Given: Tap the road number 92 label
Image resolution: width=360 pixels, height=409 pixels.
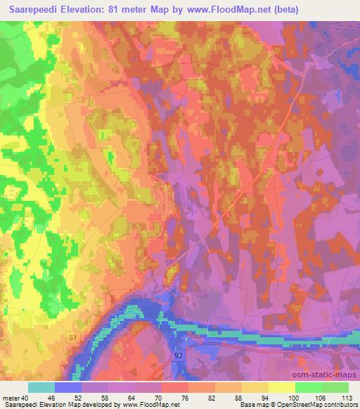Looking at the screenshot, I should [x=179, y=356].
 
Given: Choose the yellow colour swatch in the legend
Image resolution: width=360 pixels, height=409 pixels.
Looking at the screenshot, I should [x=282, y=387].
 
